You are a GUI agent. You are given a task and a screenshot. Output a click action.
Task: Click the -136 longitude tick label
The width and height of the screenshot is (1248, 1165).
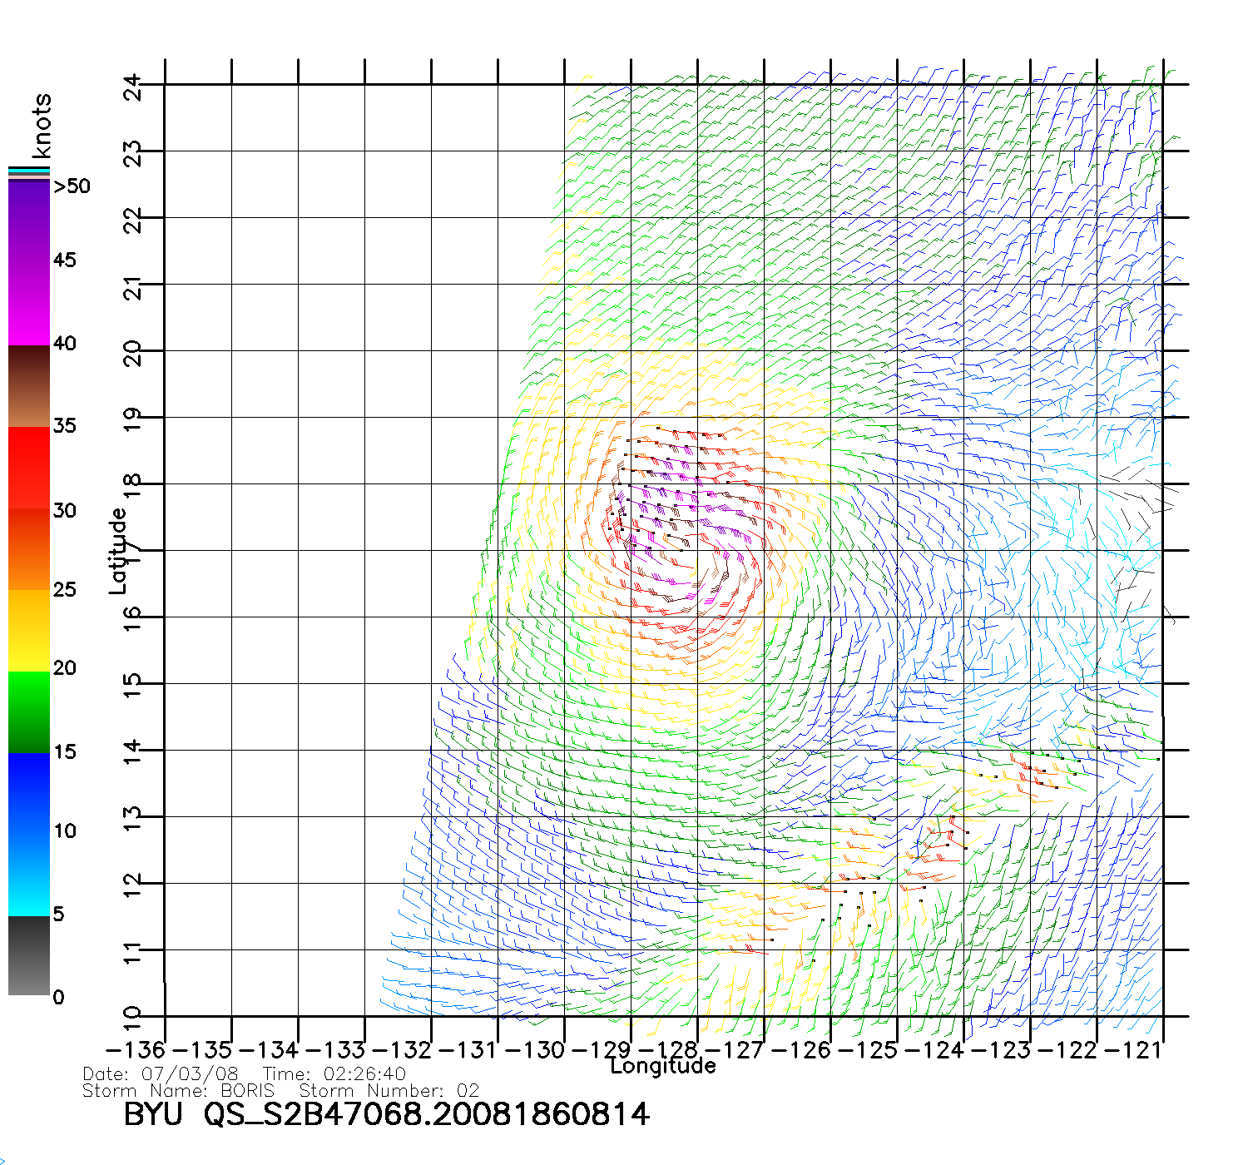tap(136, 1050)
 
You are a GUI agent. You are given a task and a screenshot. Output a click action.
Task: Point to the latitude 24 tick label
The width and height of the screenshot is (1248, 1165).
tap(132, 86)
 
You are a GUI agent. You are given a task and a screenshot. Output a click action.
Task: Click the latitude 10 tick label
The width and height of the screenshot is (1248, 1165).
tap(132, 1016)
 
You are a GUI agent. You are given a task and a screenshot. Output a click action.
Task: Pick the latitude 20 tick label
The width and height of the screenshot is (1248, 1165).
tap(132, 352)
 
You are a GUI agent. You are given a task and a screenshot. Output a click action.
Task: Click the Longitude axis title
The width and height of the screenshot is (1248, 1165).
tap(663, 1066)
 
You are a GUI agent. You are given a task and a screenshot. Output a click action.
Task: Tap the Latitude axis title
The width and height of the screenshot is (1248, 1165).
tap(118, 550)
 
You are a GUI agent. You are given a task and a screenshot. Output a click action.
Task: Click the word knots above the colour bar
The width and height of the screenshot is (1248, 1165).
tap(42, 126)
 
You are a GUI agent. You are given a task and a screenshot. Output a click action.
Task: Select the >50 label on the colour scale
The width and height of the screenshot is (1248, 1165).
tap(72, 186)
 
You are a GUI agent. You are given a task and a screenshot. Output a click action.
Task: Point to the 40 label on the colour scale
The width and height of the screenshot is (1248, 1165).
tap(65, 343)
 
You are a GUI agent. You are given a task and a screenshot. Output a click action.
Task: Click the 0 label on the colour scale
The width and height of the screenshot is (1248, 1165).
tap(58, 997)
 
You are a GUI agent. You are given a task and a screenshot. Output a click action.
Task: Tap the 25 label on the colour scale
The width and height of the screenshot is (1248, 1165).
tap(65, 589)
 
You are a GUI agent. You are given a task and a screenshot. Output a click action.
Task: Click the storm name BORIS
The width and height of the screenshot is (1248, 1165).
tap(247, 1090)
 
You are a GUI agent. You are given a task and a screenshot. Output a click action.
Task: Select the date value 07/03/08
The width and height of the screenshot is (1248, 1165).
tap(190, 1074)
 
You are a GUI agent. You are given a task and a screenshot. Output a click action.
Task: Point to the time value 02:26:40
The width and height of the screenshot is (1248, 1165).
tap(364, 1074)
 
